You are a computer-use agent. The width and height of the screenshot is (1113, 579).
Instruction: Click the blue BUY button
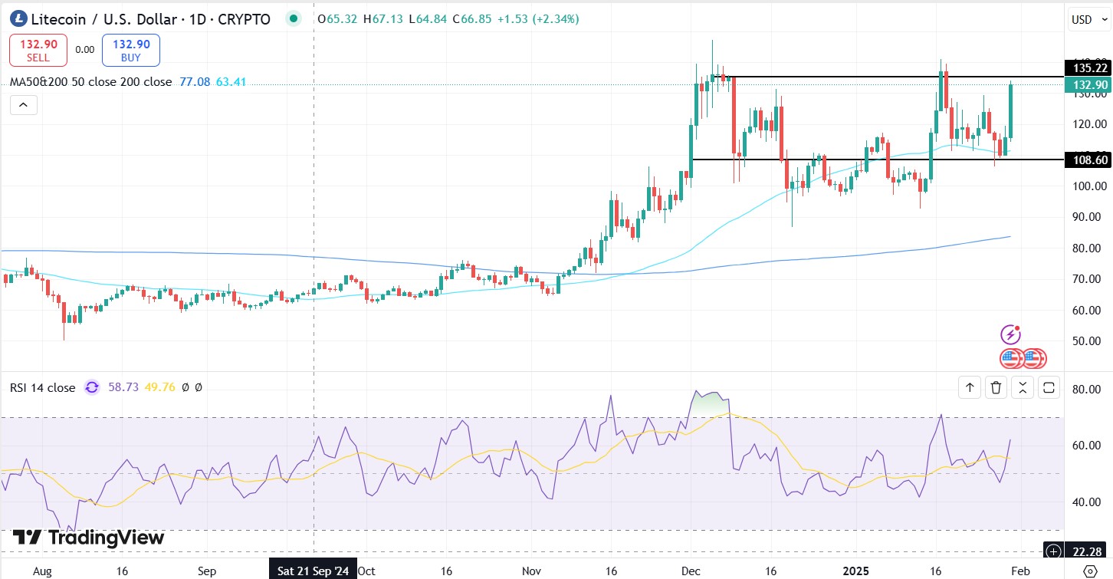131,51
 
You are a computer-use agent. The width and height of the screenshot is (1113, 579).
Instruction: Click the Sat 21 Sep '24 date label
314,571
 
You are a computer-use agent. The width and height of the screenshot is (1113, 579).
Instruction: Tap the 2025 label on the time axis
856,571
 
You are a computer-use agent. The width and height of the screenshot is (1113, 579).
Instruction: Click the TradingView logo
88,538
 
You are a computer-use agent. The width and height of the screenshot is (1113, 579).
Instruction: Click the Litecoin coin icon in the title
18,19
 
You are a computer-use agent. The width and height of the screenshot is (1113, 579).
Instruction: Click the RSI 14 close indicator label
42,388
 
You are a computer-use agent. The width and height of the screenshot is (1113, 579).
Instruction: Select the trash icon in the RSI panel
996,388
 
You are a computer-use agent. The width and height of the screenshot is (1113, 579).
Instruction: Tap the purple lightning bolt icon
1011,334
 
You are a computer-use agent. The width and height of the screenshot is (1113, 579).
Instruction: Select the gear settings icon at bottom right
1090,571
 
